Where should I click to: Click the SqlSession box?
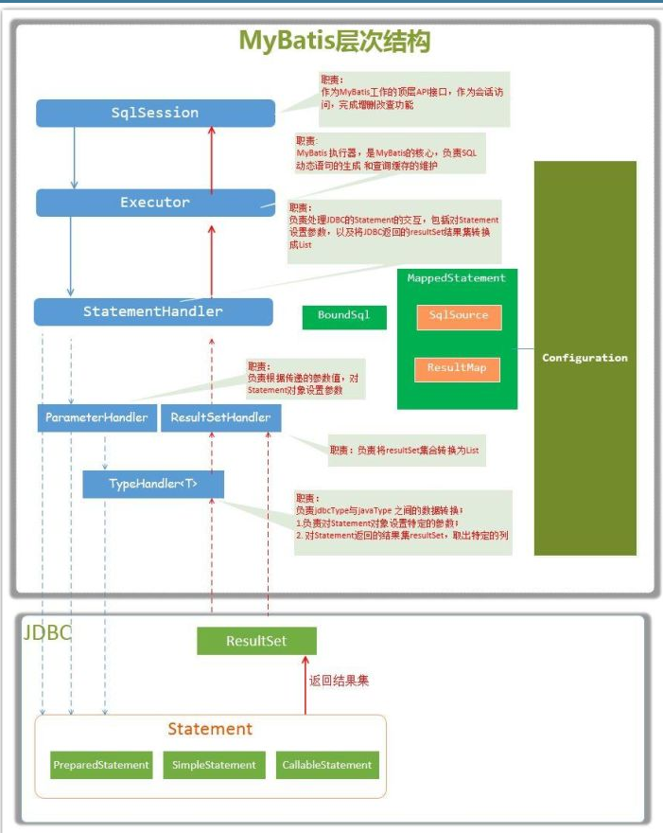[155, 113]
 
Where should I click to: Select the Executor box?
[155, 203]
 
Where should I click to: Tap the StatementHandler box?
[153, 311]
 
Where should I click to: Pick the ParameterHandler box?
[96, 417]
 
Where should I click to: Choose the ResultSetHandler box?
[220, 417]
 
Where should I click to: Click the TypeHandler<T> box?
[153, 484]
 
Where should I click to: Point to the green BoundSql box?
[344, 316]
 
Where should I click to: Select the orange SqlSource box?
[458, 316]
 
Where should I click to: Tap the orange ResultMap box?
[457, 367]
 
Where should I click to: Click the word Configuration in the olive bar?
[584, 358]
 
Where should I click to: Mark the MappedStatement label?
[457, 277]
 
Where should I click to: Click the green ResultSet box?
[256, 641]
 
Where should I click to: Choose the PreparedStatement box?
[101, 765]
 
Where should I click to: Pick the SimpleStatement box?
[214, 765]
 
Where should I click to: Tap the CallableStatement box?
[327, 765]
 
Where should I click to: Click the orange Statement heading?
[210, 729]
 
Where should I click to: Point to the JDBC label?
[47, 633]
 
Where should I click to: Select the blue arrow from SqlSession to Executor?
[74, 157]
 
